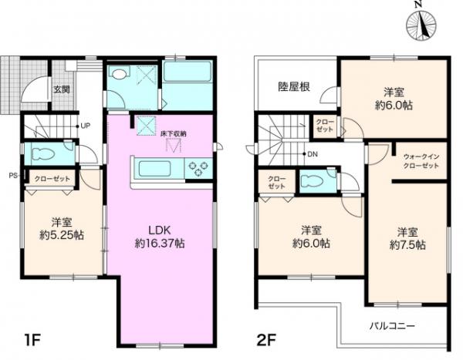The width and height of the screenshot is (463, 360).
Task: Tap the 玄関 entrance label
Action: (62, 89)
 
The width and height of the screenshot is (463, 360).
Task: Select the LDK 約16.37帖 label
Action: (160, 236)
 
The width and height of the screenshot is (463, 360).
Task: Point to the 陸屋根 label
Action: (295, 87)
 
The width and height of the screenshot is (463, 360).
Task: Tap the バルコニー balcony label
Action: (397, 325)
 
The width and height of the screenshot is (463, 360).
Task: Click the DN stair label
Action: (313, 154)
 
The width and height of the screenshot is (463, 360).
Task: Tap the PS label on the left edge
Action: (13, 176)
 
